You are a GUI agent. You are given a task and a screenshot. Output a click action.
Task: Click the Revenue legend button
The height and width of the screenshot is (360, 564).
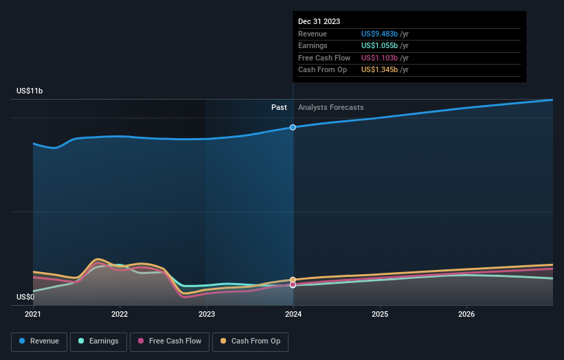coord(39,341)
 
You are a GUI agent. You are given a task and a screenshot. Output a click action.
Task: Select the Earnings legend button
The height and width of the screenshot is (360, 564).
coord(98,341)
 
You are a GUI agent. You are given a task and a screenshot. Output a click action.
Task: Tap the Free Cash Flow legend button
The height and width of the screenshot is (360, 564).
coord(170,341)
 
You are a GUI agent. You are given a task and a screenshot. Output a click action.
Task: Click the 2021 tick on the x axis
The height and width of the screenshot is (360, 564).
coord(33,315)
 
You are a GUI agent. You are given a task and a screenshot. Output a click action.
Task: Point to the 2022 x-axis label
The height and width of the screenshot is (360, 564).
coord(120,315)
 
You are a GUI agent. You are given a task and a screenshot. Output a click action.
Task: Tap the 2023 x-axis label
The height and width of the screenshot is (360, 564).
coord(207,315)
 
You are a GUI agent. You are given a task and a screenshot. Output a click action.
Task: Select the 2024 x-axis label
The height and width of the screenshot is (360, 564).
coord(293,315)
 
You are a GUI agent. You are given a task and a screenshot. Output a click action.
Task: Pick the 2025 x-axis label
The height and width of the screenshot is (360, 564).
coord(380,315)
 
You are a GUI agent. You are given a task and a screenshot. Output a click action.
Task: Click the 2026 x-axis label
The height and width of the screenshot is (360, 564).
coord(466,315)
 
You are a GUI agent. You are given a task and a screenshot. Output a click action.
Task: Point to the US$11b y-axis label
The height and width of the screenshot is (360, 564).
coord(30,91)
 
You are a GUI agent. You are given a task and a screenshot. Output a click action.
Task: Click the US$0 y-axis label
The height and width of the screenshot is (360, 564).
coord(26,297)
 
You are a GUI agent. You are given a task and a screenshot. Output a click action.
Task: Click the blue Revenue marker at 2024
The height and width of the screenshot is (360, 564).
coord(293,127)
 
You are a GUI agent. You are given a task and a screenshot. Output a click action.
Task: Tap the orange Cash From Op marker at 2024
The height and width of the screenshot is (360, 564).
coord(293,280)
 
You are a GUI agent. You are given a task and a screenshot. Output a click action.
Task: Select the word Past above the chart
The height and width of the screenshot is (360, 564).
coord(279,107)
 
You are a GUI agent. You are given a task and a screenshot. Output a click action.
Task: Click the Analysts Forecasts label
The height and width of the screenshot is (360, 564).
coord(331,107)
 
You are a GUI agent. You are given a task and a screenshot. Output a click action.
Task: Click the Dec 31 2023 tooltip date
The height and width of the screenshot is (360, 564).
coord(319,22)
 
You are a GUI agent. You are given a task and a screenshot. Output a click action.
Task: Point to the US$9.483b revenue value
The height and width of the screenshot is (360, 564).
coord(380,34)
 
